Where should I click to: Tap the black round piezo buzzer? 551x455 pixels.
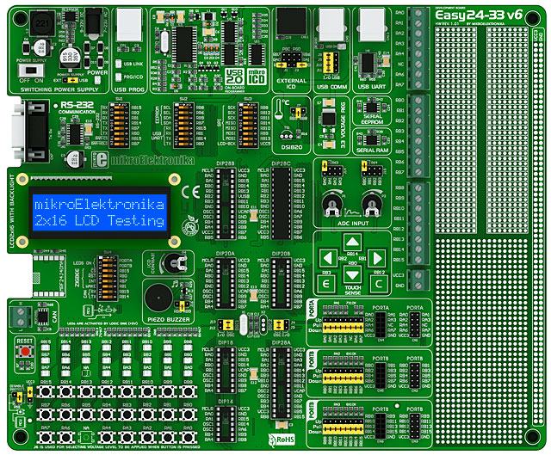coord(157,298)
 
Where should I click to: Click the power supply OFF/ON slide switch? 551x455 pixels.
coord(28,71)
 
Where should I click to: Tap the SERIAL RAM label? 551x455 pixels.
coord(372,151)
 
